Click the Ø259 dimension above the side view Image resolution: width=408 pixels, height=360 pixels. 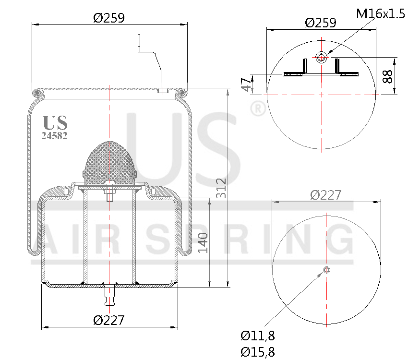[109, 18]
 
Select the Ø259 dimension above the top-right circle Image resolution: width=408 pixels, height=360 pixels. [320, 23]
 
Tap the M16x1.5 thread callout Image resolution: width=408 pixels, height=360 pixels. [381, 13]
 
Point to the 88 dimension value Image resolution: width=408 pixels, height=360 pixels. [388, 76]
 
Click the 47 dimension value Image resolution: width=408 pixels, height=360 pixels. [246, 84]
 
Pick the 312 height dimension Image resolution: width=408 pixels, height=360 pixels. [221, 189]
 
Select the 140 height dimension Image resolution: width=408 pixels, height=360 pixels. [203, 243]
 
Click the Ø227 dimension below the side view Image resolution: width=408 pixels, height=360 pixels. [109, 320]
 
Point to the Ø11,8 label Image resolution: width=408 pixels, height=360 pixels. [258, 336]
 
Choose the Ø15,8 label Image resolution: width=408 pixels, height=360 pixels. [258, 352]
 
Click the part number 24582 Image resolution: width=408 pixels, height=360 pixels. [54, 136]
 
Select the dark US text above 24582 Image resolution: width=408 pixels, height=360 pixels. [55, 123]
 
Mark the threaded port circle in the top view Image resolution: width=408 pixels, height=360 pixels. [321, 58]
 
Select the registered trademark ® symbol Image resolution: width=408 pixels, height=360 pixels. [258, 109]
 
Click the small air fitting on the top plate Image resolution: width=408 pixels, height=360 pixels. [162, 90]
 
